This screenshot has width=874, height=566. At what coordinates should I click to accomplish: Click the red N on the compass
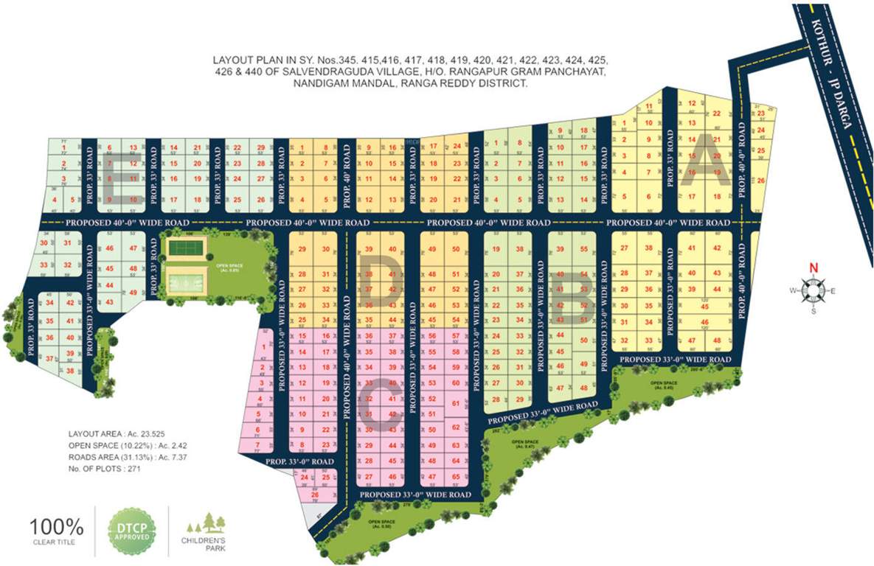tap(814, 268)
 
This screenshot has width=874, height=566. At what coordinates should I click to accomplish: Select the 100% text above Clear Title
tap(57, 526)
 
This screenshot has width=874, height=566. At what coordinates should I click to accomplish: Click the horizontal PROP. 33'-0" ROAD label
tap(299, 461)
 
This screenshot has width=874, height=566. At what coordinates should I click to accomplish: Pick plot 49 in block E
tap(133, 293)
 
